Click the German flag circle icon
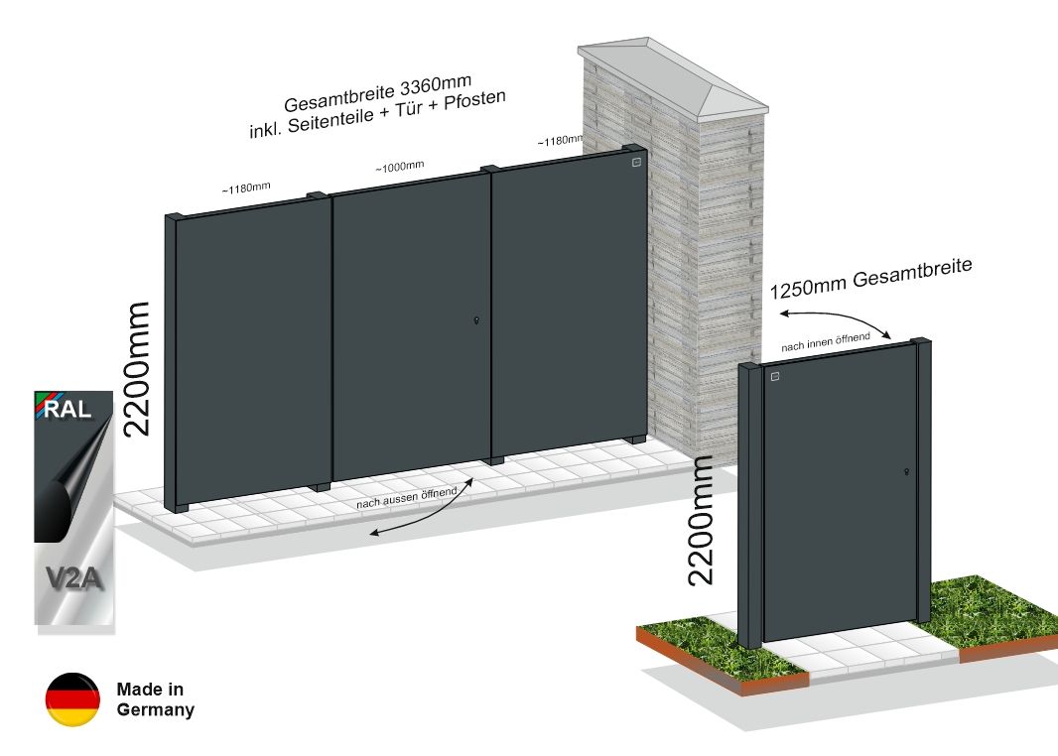pyautogui.click(x=72, y=699)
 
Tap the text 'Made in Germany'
pyautogui.click(x=155, y=699)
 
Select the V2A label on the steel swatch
pyautogui.click(x=74, y=578)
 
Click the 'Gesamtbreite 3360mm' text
pyautogui.click(x=377, y=94)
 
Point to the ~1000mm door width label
pyautogui.click(x=400, y=167)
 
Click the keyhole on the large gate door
pyautogui.click(x=477, y=321)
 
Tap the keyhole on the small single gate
pyautogui.click(x=907, y=472)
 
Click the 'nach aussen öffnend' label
pyautogui.click(x=407, y=498)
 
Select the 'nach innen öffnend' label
pyautogui.click(x=826, y=342)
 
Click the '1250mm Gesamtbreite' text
pyautogui.click(x=871, y=278)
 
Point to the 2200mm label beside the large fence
pyautogui.click(x=136, y=369)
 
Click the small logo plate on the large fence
pyautogui.click(x=635, y=163)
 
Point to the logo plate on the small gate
pyautogui.click(x=774, y=376)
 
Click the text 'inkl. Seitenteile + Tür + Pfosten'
pyautogui.click(x=378, y=115)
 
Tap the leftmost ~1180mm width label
pyautogui.click(x=246, y=189)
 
